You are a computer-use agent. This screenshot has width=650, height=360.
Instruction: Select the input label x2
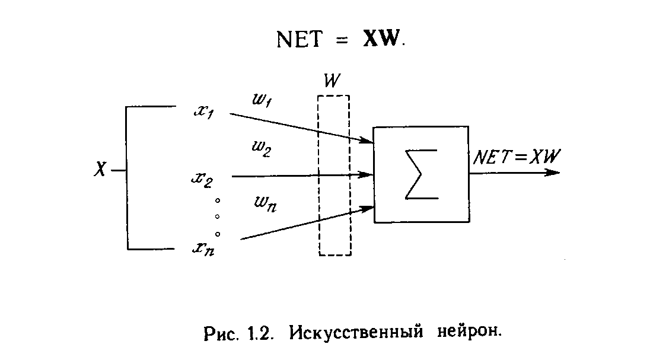202,179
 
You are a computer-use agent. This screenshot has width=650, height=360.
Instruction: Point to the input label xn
203,249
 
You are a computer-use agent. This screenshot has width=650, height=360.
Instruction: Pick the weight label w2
262,148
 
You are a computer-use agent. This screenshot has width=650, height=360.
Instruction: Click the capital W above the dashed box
333,82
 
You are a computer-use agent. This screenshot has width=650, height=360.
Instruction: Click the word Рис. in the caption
221,332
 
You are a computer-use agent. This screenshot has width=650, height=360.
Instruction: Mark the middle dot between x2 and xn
218,216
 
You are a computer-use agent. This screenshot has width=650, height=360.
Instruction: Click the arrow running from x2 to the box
302,176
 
